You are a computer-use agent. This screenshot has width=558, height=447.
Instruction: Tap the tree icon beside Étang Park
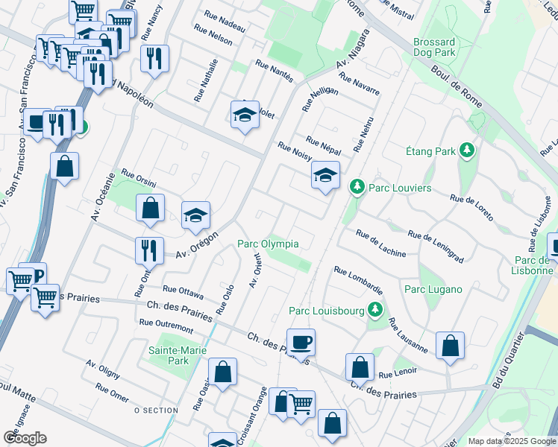[x=468, y=151]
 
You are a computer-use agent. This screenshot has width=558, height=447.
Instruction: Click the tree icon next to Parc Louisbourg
[x=375, y=310]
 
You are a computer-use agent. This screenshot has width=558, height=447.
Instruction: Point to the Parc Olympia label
[x=268, y=244]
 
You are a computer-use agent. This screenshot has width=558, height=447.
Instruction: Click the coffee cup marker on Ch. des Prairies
[x=301, y=342]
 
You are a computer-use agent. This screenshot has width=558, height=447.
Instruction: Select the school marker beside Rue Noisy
[x=325, y=176]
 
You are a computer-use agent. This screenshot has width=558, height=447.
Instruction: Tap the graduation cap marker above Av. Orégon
[x=195, y=216]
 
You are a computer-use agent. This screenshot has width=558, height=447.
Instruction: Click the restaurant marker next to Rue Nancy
[x=154, y=57]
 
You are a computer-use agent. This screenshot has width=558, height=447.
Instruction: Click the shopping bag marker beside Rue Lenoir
[x=360, y=367]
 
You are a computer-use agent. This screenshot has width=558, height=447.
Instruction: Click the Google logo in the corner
[x=25, y=437]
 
